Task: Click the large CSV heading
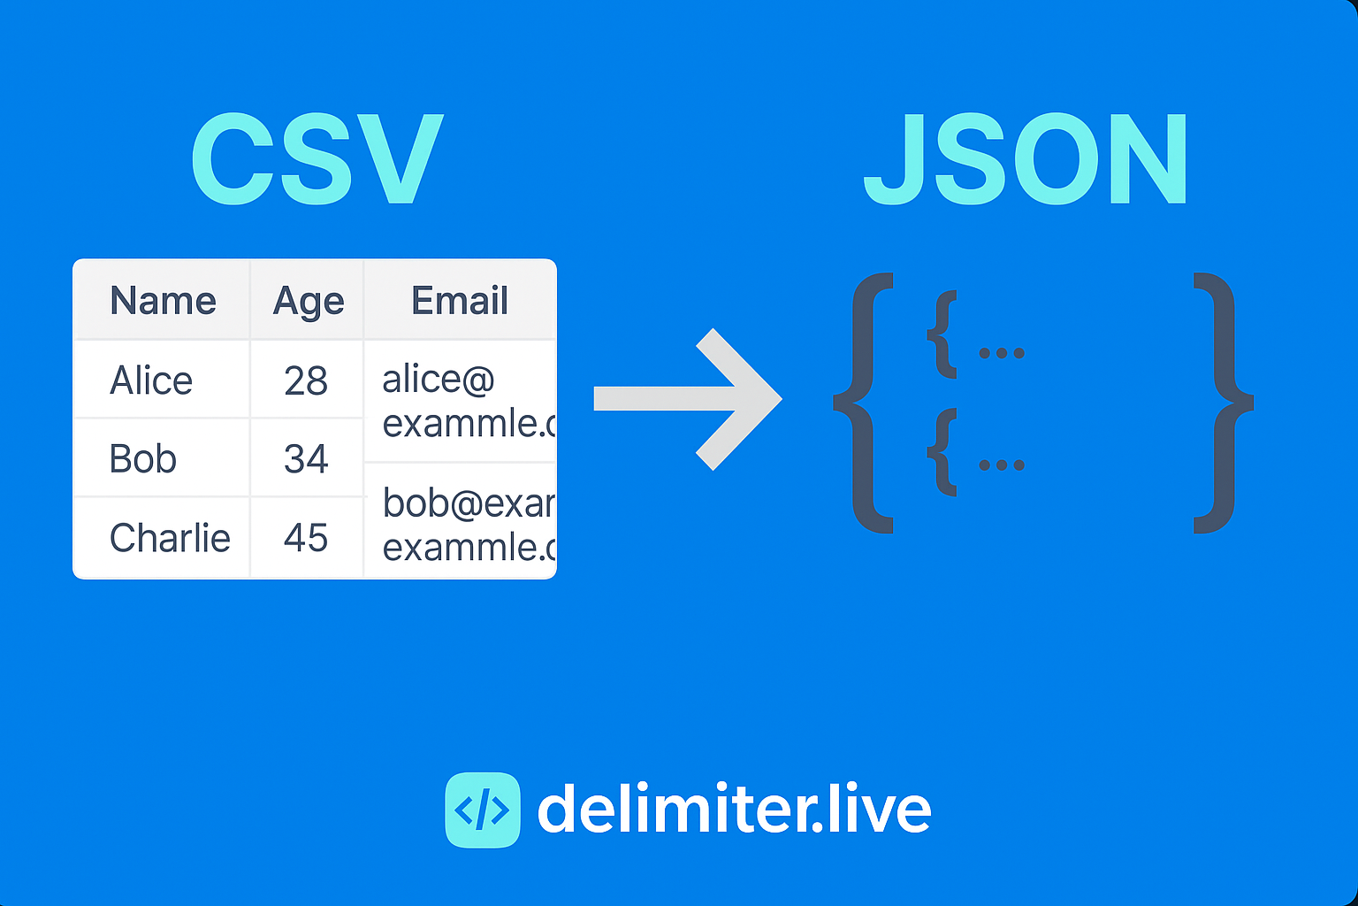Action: pos(317,160)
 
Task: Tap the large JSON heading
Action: pos(1026,160)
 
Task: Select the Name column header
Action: pos(163,301)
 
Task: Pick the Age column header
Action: pos(308,302)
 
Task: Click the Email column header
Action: pos(460,301)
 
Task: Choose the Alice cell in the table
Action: pos(151,380)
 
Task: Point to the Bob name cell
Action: pos(143,458)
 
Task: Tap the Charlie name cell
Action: pos(170,538)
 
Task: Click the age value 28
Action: pos(306,380)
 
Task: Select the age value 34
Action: pos(306,458)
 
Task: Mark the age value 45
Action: pos(306,538)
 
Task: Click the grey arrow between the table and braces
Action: pos(690,399)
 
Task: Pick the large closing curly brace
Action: pos(1222,403)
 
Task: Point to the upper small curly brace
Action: pos(943,334)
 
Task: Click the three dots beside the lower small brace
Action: pos(1002,465)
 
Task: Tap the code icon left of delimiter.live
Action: pos(482,810)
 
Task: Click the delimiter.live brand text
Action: pos(734,809)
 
